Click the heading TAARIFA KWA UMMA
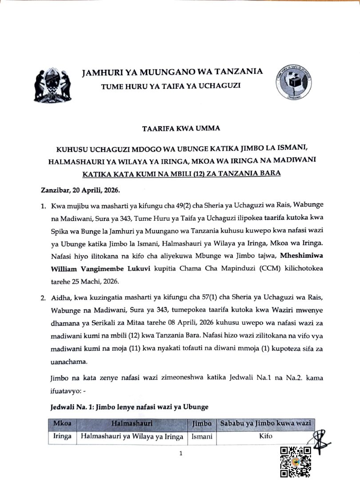coord(180,129)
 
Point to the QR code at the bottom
coord(295,462)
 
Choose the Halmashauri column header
coord(132,424)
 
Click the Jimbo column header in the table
coord(202,424)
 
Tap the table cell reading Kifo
coord(265,437)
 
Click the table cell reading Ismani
coord(202,437)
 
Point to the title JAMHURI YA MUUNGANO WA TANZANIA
coord(172,72)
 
